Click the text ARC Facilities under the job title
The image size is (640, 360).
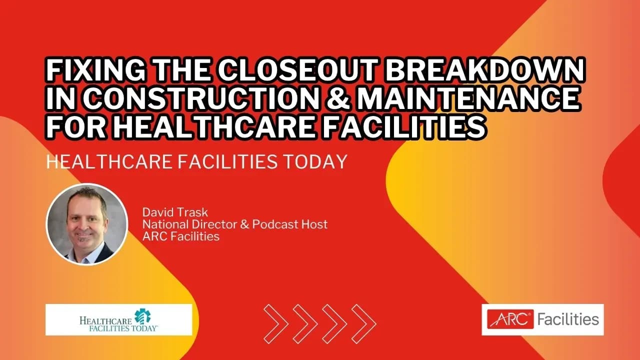pyautogui.click(x=181, y=236)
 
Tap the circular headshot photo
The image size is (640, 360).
pyautogui.click(x=86, y=223)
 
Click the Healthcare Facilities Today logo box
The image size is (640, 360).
pyautogui.click(x=119, y=319)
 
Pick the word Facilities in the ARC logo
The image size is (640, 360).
pyautogui.click(x=568, y=319)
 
